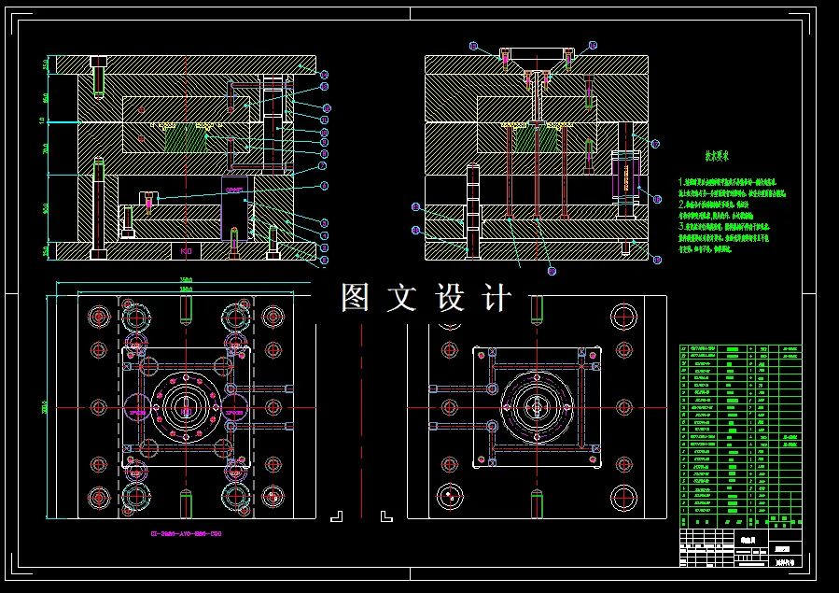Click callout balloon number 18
pyautogui.click(x=656, y=199)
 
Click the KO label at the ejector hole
pyautogui.click(x=186, y=251)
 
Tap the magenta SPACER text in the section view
pyautogui.click(x=233, y=189)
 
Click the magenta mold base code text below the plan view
pyautogui.click(x=186, y=534)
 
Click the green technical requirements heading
pyautogui.click(x=716, y=158)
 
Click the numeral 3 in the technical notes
pyautogui.click(x=681, y=226)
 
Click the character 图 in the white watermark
pyautogui.click(x=356, y=298)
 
